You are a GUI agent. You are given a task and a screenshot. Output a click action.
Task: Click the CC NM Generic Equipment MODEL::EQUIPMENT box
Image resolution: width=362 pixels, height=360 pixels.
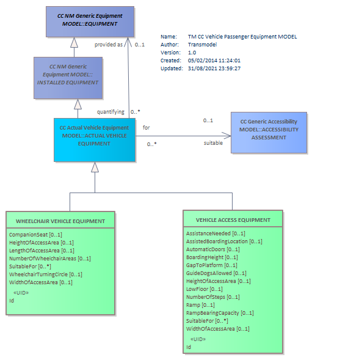pos(90,22)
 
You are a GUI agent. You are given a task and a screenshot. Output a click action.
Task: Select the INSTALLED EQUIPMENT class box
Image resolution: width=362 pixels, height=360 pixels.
pos(68,78)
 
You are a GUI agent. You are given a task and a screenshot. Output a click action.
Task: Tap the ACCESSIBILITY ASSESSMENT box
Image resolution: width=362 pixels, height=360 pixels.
pos(269,133)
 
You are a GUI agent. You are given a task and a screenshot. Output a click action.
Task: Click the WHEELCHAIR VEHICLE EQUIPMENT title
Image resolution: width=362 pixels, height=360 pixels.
pos(60,221)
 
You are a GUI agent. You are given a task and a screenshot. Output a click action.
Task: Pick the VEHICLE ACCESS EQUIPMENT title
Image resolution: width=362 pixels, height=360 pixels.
pos(233,220)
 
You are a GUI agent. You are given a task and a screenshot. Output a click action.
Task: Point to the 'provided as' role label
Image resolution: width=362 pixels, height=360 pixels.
pos(109,45)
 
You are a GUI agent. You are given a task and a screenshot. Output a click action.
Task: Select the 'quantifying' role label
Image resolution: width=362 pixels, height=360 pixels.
pos(110,112)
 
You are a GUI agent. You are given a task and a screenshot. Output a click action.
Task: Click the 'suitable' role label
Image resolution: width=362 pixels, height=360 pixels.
pos(213,143)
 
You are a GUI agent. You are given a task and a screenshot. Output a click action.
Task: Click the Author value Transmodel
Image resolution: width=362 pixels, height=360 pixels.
pos(202,45)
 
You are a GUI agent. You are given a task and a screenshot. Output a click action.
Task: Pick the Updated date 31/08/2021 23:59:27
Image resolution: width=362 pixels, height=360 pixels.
pos(214,68)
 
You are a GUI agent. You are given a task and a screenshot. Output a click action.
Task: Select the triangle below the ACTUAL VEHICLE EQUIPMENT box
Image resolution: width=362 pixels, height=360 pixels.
pos(95,167)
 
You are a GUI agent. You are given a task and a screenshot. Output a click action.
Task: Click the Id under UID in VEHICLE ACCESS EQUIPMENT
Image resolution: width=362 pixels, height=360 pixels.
pos(189,347)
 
